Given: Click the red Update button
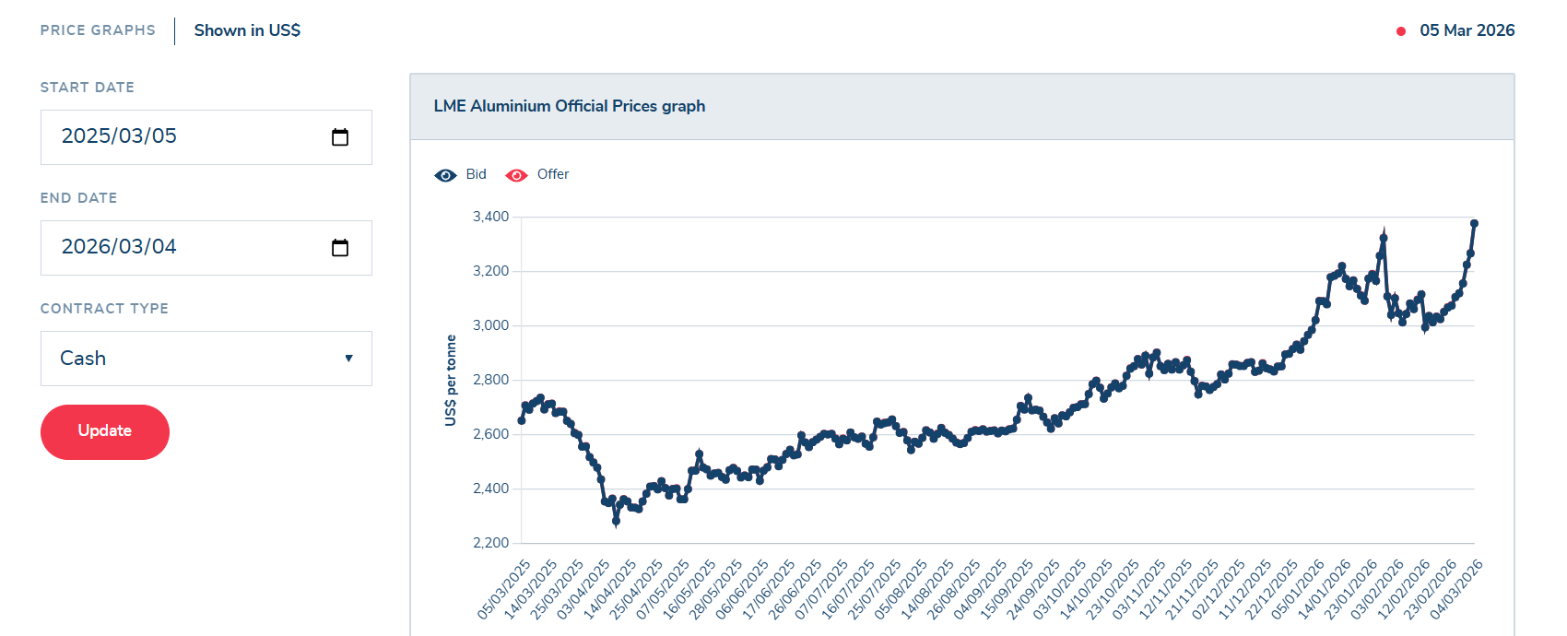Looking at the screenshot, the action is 105,431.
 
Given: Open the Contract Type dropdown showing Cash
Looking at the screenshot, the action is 206,359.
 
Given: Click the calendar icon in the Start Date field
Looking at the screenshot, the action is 340,136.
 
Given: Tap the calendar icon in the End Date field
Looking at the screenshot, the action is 340,247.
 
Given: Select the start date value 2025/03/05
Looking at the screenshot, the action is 119,135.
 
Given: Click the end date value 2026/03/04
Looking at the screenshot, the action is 119,246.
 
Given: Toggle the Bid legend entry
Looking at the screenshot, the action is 460,174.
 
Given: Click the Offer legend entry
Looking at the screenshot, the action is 536,174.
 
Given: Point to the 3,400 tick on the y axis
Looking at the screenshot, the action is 490,217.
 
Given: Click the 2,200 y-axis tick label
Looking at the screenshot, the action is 490,543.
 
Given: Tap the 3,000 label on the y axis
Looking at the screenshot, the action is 490,325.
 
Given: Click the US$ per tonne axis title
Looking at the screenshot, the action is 451,380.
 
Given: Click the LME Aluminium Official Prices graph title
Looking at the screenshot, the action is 570,106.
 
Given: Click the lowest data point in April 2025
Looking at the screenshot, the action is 616,522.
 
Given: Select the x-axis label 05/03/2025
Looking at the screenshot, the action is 503,590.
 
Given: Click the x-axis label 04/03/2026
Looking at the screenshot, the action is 1455,590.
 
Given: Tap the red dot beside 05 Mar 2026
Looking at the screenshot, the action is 1401,31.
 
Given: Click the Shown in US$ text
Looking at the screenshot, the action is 247,30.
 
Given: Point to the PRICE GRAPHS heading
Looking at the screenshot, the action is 98,30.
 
